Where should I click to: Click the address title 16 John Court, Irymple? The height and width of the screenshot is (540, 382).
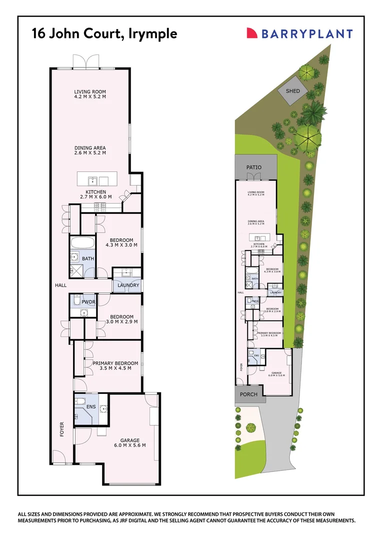coord(104,33)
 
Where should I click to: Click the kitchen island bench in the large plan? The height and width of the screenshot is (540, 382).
coord(97,179)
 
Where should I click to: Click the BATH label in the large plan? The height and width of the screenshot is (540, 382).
coord(88,258)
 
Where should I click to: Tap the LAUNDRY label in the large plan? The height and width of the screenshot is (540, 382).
coord(128,285)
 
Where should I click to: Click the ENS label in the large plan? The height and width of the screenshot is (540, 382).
coord(91,407)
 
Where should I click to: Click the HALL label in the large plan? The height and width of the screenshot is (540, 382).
coord(61,285)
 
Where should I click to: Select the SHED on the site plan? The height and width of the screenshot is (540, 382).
coord(292,91)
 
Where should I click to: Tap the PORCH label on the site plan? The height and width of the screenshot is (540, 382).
coord(248,394)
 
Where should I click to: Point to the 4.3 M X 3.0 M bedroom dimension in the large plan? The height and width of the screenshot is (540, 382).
coord(121,245)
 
